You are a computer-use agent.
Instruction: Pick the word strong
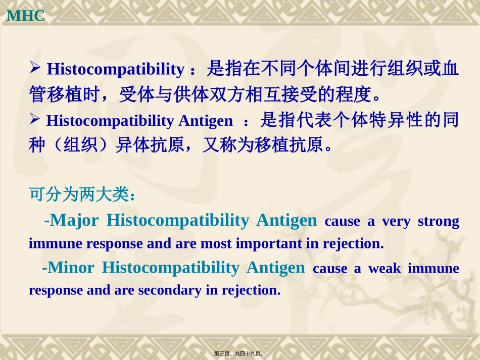coord(438,222)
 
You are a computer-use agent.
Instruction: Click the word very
coord(396,222)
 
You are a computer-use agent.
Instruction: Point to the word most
coord(215,244)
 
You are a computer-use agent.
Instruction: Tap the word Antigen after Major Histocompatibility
coord(286,220)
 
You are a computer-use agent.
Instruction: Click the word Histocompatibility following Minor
coord(170,268)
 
